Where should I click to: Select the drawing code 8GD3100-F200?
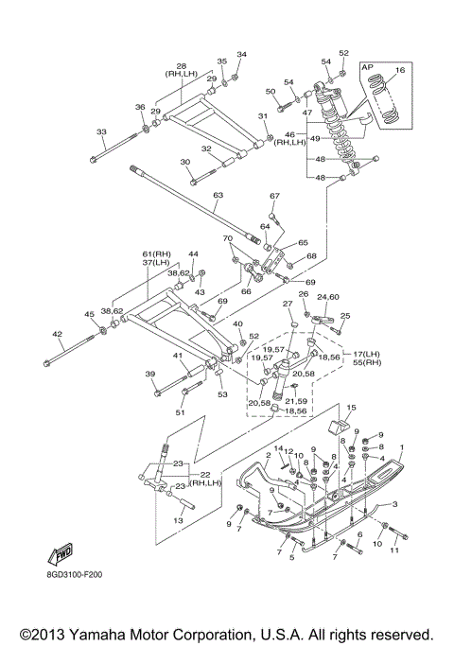point(74,574)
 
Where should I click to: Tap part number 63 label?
point(218,195)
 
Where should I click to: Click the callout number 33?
point(101,131)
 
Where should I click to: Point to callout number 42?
point(58,335)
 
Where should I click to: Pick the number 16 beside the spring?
point(400,70)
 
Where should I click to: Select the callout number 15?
point(351,408)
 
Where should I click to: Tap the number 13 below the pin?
point(178,521)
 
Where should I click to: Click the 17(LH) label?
point(366,355)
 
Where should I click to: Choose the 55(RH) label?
point(367,363)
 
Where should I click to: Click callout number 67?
point(275,196)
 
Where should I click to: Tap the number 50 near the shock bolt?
point(271,91)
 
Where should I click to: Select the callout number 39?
point(150,375)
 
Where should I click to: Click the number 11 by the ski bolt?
point(394,550)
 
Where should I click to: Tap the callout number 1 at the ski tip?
point(402,447)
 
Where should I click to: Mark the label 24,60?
point(328,297)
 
